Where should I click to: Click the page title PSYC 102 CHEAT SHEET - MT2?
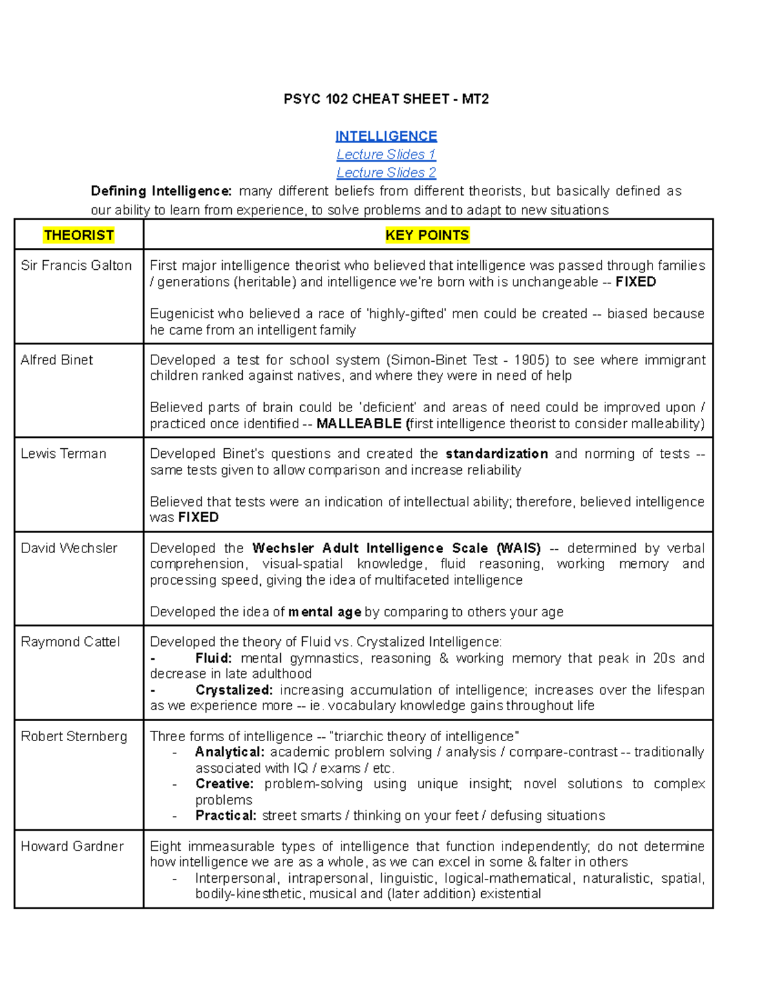tap(386, 99)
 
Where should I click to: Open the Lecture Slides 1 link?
tap(386, 155)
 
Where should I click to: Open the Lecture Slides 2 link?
tap(386, 173)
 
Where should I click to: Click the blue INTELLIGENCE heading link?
tap(386, 136)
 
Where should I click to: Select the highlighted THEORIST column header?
tap(79, 235)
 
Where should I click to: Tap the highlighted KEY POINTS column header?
tap(427, 235)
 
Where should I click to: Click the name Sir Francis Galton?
tap(76, 265)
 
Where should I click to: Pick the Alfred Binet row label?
tap(57, 360)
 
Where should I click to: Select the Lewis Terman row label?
tap(63, 453)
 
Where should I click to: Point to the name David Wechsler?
tap(69, 548)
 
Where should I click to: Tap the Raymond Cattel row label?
tap(70, 642)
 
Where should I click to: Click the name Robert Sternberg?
tap(74, 736)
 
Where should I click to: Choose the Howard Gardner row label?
tap(72, 846)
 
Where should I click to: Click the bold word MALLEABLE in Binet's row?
tap(359, 424)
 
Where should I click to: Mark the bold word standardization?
tap(497, 453)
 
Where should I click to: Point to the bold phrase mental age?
tap(325, 612)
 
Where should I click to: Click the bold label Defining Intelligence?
tap(161, 191)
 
